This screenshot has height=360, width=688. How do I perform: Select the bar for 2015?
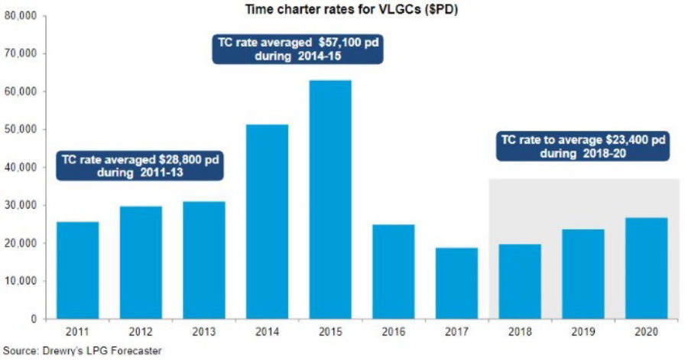point(330,199)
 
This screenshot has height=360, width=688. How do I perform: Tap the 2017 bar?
point(456,283)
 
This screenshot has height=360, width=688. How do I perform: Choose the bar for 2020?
point(646,268)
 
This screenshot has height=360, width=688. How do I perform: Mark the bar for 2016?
point(393,271)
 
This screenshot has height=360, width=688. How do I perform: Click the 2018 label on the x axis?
point(520,332)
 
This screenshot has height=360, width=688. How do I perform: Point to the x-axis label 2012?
point(141,332)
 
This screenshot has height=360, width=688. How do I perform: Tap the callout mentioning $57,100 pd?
point(296,50)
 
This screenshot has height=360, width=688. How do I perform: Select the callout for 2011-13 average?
point(141,166)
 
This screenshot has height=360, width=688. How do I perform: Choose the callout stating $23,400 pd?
point(583,146)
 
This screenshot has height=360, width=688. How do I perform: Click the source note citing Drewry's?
point(83,352)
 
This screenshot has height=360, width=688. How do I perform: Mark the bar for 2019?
point(583,274)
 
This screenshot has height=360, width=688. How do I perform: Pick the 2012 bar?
point(141,262)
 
